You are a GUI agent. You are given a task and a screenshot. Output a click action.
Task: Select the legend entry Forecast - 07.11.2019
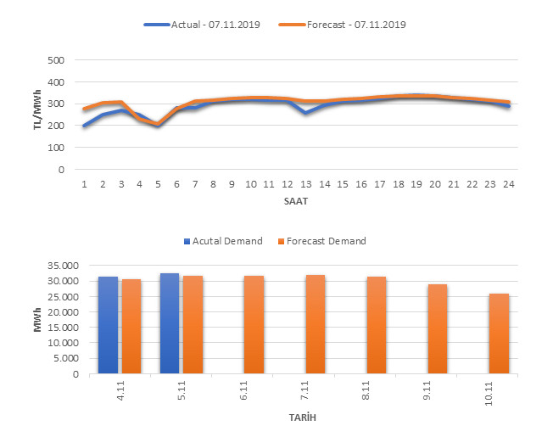point(343,25)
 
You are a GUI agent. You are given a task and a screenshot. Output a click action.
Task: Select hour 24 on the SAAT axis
point(508,183)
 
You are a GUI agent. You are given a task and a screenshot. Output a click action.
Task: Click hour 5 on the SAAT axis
point(159,183)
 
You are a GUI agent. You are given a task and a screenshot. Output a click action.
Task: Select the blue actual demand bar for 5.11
point(170,323)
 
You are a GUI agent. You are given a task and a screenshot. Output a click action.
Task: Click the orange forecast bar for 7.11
point(315,324)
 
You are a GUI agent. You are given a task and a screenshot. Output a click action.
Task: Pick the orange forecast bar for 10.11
point(499,334)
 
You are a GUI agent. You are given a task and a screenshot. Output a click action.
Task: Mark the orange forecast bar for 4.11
point(131,327)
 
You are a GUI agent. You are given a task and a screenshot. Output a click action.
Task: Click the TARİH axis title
point(296,417)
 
